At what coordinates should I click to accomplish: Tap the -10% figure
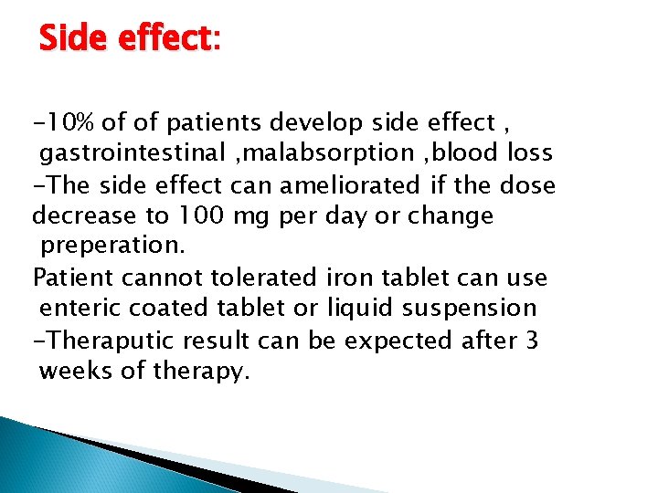click(64, 122)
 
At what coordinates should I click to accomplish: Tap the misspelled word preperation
click(111, 247)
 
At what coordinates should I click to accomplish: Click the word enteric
click(77, 309)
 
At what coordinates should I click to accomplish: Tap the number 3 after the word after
click(532, 340)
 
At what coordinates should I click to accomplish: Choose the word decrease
click(79, 215)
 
